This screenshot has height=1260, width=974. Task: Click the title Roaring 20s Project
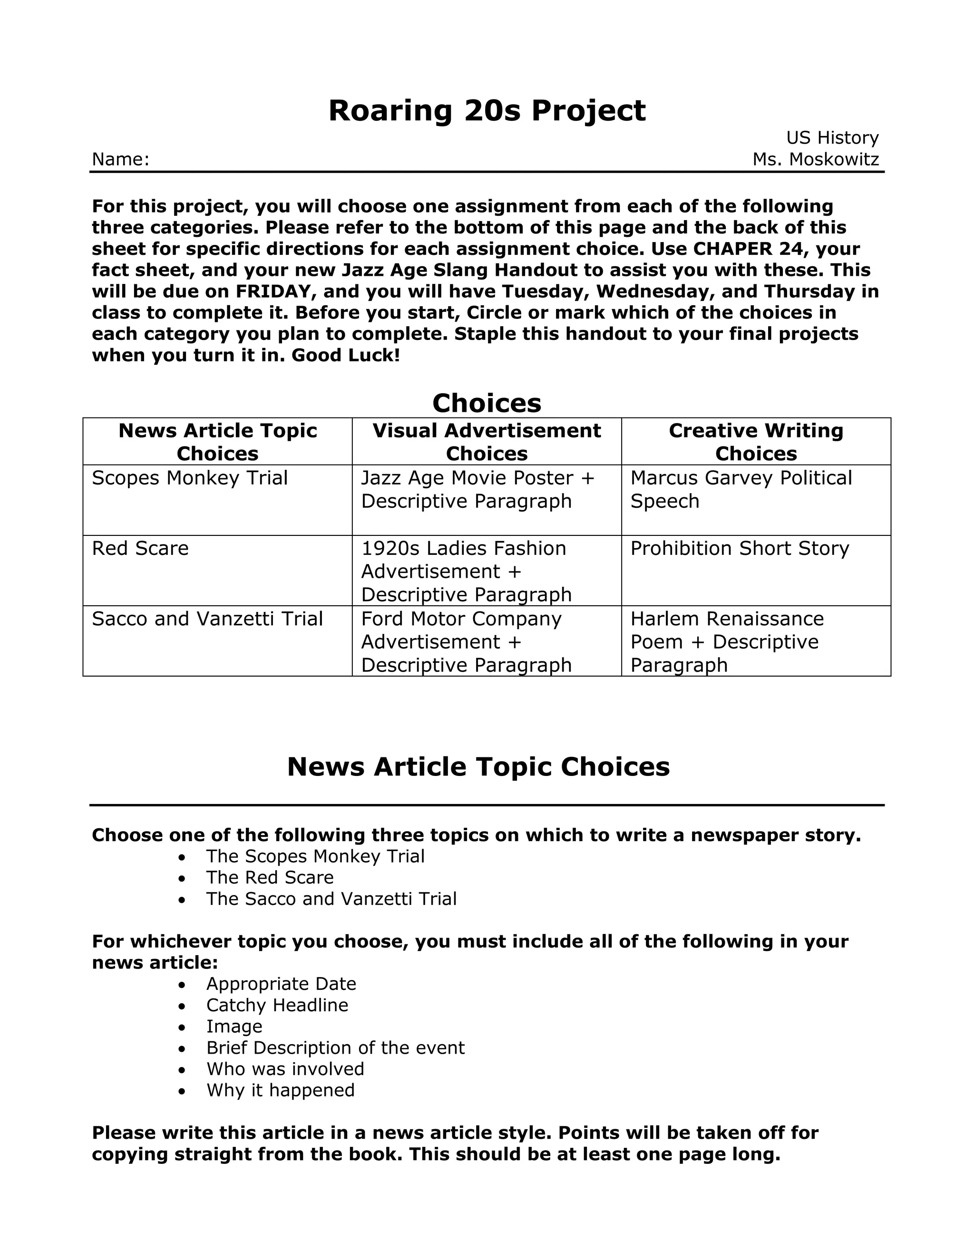[x=487, y=110]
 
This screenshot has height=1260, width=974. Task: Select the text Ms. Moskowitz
[x=815, y=159]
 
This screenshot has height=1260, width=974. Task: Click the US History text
[x=832, y=137]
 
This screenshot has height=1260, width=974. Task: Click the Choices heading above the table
[x=487, y=403]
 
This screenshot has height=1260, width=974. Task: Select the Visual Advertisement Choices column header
[x=487, y=442]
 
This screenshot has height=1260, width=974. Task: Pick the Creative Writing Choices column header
[x=756, y=442]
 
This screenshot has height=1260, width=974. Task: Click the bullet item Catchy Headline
[x=277, y=1005]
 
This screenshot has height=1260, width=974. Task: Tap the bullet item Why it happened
[x=281, y=1090]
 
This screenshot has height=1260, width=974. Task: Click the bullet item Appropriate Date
[x=281, y=984]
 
